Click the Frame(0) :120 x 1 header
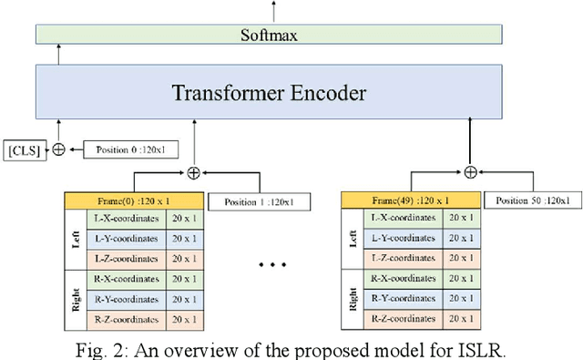(x=134, y=198)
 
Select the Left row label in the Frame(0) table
(x=77, y=239)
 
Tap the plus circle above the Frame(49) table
(x=470, y=171)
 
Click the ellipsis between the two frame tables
(x=273, y=265)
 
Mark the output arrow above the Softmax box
(x=272, y=11)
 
